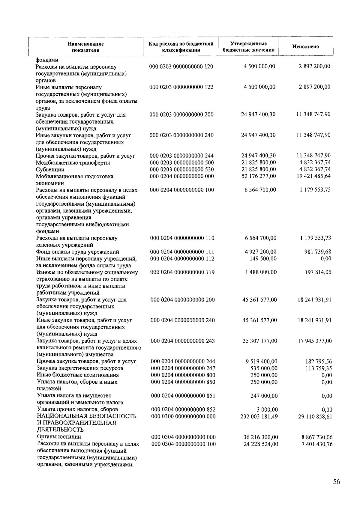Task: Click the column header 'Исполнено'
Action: coord(305,47)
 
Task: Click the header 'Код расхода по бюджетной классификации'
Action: coord(181,47)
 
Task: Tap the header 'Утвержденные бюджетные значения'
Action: coord(248,47)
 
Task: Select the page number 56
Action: coord(336,482)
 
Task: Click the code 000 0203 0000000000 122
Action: coord(181,87)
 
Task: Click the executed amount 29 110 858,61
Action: coord(315,416)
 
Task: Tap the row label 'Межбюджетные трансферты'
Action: coord(73,163)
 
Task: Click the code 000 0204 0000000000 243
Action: coord(183,341)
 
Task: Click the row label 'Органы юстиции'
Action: coord(59,437)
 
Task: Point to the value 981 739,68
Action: coord(318,252)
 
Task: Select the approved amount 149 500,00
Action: coord(263,259)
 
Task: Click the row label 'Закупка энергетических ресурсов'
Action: coord(80,368)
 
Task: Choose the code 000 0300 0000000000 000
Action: coord(183,416)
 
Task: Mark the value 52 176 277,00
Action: coord(259,176)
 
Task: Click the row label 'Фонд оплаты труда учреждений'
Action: coord(78,252)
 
